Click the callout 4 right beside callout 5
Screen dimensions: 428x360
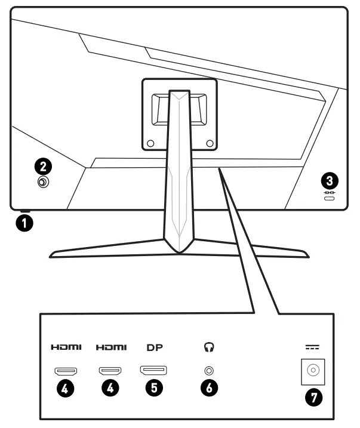(x=110, y=388)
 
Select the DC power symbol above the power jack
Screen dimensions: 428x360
(x=311, y=347)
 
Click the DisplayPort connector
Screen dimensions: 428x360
(x=153, y=371)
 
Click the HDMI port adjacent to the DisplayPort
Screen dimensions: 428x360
(x=110, y=371)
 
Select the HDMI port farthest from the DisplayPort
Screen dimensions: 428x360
(x=66, y=371)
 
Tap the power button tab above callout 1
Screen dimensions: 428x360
(x=24, y=210)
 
